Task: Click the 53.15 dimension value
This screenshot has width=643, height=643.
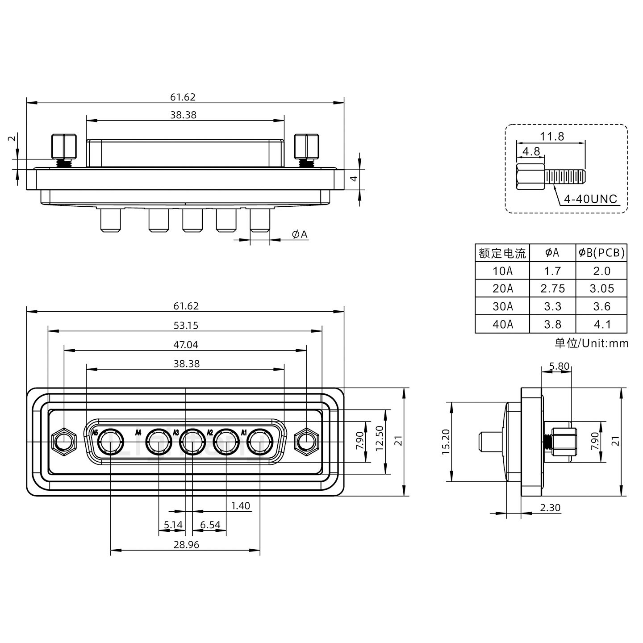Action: click(186, 326)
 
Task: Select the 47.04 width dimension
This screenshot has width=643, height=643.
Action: click(186, 345)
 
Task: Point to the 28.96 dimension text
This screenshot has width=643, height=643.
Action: click(186, 545)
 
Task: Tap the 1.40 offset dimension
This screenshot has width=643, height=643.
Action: click(240, 506)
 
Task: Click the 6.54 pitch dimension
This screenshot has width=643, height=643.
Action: click(210, 525)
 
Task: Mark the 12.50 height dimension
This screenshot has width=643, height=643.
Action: click(380, 438)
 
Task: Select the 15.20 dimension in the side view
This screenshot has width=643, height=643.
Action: click(446, 442)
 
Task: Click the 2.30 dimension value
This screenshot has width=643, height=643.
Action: click(550, 508)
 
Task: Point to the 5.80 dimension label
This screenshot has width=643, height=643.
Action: click(559, 367)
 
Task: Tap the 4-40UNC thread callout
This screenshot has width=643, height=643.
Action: click(590, 199)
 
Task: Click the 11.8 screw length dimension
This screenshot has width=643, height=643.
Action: click(552, 137)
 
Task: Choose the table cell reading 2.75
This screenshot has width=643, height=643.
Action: click(552, 288)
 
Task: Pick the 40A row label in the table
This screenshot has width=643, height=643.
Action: click(502, 324)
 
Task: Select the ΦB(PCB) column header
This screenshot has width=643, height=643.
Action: click(601, 253)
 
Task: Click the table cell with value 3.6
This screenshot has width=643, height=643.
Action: click(601, 306)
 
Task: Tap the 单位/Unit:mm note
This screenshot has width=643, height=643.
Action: click(591, 343)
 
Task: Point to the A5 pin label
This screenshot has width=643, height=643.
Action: click(94, 433)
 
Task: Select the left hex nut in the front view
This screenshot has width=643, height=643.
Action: click(64, 443)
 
